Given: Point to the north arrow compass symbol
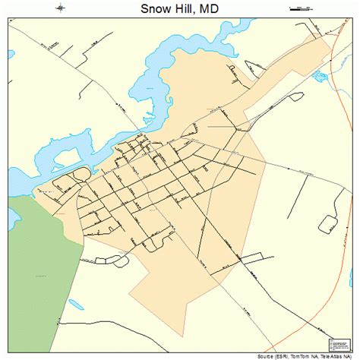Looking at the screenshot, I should pos(60,8).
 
